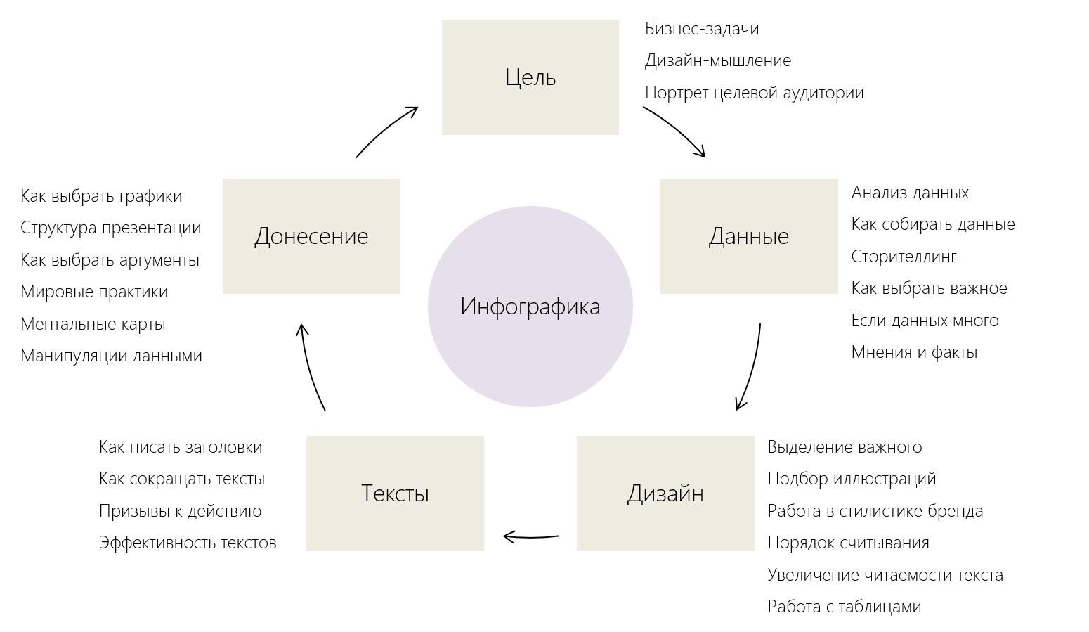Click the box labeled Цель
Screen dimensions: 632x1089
click(530, 77)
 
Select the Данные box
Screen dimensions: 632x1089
click(749, 236)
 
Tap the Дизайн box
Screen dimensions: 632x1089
click(665, 493)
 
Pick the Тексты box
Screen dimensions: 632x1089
click(395, 493)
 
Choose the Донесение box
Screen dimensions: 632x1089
click(311, 236)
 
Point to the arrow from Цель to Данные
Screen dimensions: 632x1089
click(676, 129)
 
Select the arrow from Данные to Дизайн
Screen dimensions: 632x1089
click(752, 366)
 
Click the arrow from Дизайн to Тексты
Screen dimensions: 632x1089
click(531, 538)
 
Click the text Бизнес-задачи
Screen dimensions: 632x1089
click(702, 29)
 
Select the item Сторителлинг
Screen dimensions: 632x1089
click(904, 257)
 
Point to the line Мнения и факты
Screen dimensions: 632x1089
click(914, 352)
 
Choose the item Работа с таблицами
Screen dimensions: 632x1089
click(844, 607)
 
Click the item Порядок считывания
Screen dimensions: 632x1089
click(848, 543)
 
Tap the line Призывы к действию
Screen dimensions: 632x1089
click(180, 511)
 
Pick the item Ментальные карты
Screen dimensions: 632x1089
click(93, 324)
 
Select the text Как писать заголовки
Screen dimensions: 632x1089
click(181, 447)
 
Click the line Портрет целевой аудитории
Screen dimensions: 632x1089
click(754, 93)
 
